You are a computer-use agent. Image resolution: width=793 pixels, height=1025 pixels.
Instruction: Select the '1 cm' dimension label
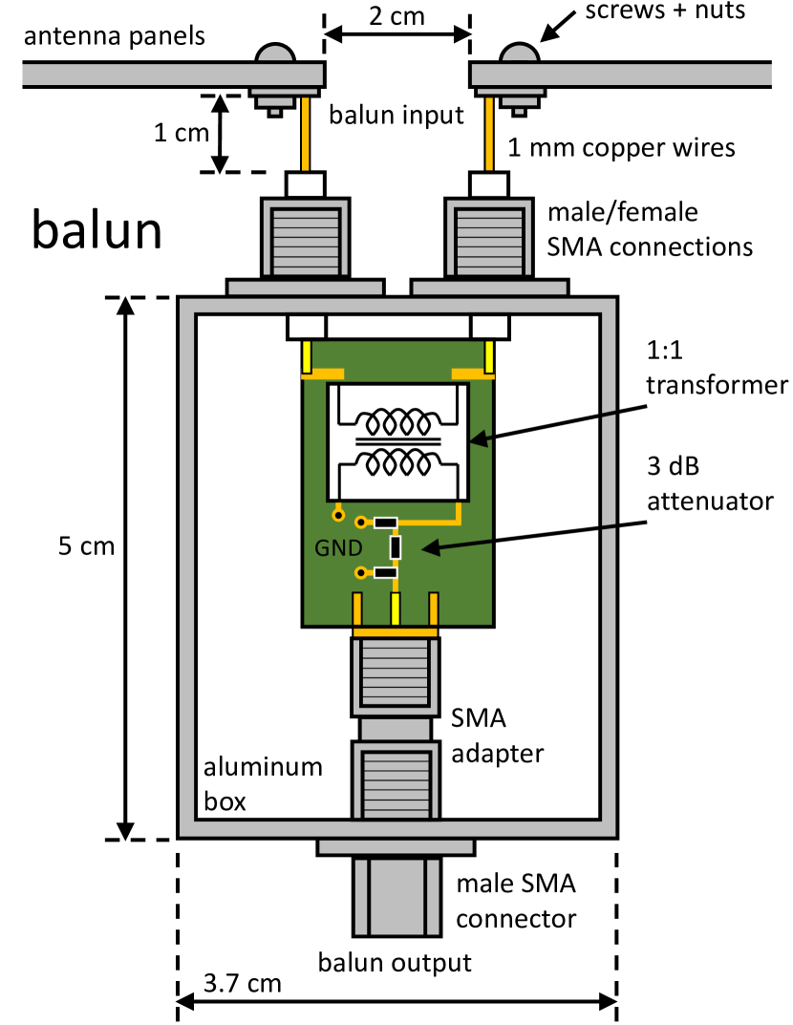coord(181,133)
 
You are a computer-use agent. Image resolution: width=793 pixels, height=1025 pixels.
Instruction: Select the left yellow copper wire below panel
coord(307,134)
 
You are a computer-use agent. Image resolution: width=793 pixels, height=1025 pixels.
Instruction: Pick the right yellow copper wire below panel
coord(490,134)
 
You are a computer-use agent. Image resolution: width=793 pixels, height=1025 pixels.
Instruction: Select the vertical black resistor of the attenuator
coord(396,547)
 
